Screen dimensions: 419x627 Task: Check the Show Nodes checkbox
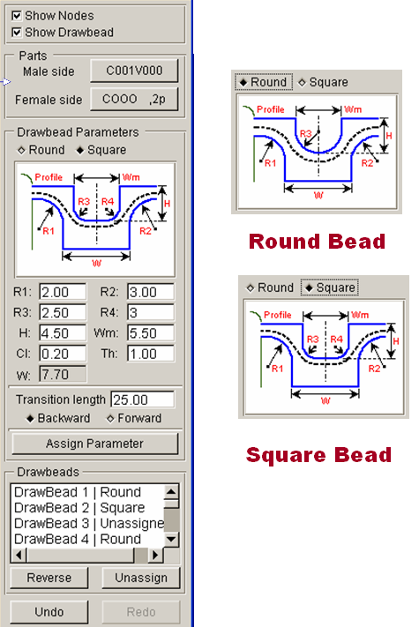pyautogui.click(x=17, y=16)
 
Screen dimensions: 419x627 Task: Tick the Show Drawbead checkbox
pyautogui.click(x=17, y=32)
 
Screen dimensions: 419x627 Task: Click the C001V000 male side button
pyautogui.click(x=134, y=71)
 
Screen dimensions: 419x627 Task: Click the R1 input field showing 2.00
pyautogui.click(x=63, y=292)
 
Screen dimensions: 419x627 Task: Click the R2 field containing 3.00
pyautogui.click(x=151, y=292)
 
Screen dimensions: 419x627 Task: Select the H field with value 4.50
pyautogui.click(x=63, y=333)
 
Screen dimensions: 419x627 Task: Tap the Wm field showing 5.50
pyautogui.click(x=151, y=333)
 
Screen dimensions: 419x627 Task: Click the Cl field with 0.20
pyautogui.click(x=63, y=354)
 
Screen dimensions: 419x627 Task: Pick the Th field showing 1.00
pyautogui.click(x=151, y=354)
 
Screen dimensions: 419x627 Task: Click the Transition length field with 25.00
pyautogui.click(x=142, y=399)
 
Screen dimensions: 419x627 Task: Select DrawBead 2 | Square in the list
pyautogui.click(x=79, y=507)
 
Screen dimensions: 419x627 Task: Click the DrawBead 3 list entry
pyautogui.click(x=89, y=523)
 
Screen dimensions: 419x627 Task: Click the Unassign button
pyautogui.click(x=141, y=578)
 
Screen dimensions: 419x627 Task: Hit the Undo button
pyautogui.click(x=49, y=612)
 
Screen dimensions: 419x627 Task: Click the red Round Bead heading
pyautogui.click(x=317, y=241)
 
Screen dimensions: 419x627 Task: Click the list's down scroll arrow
pyautogui.click(x=171, y=540)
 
